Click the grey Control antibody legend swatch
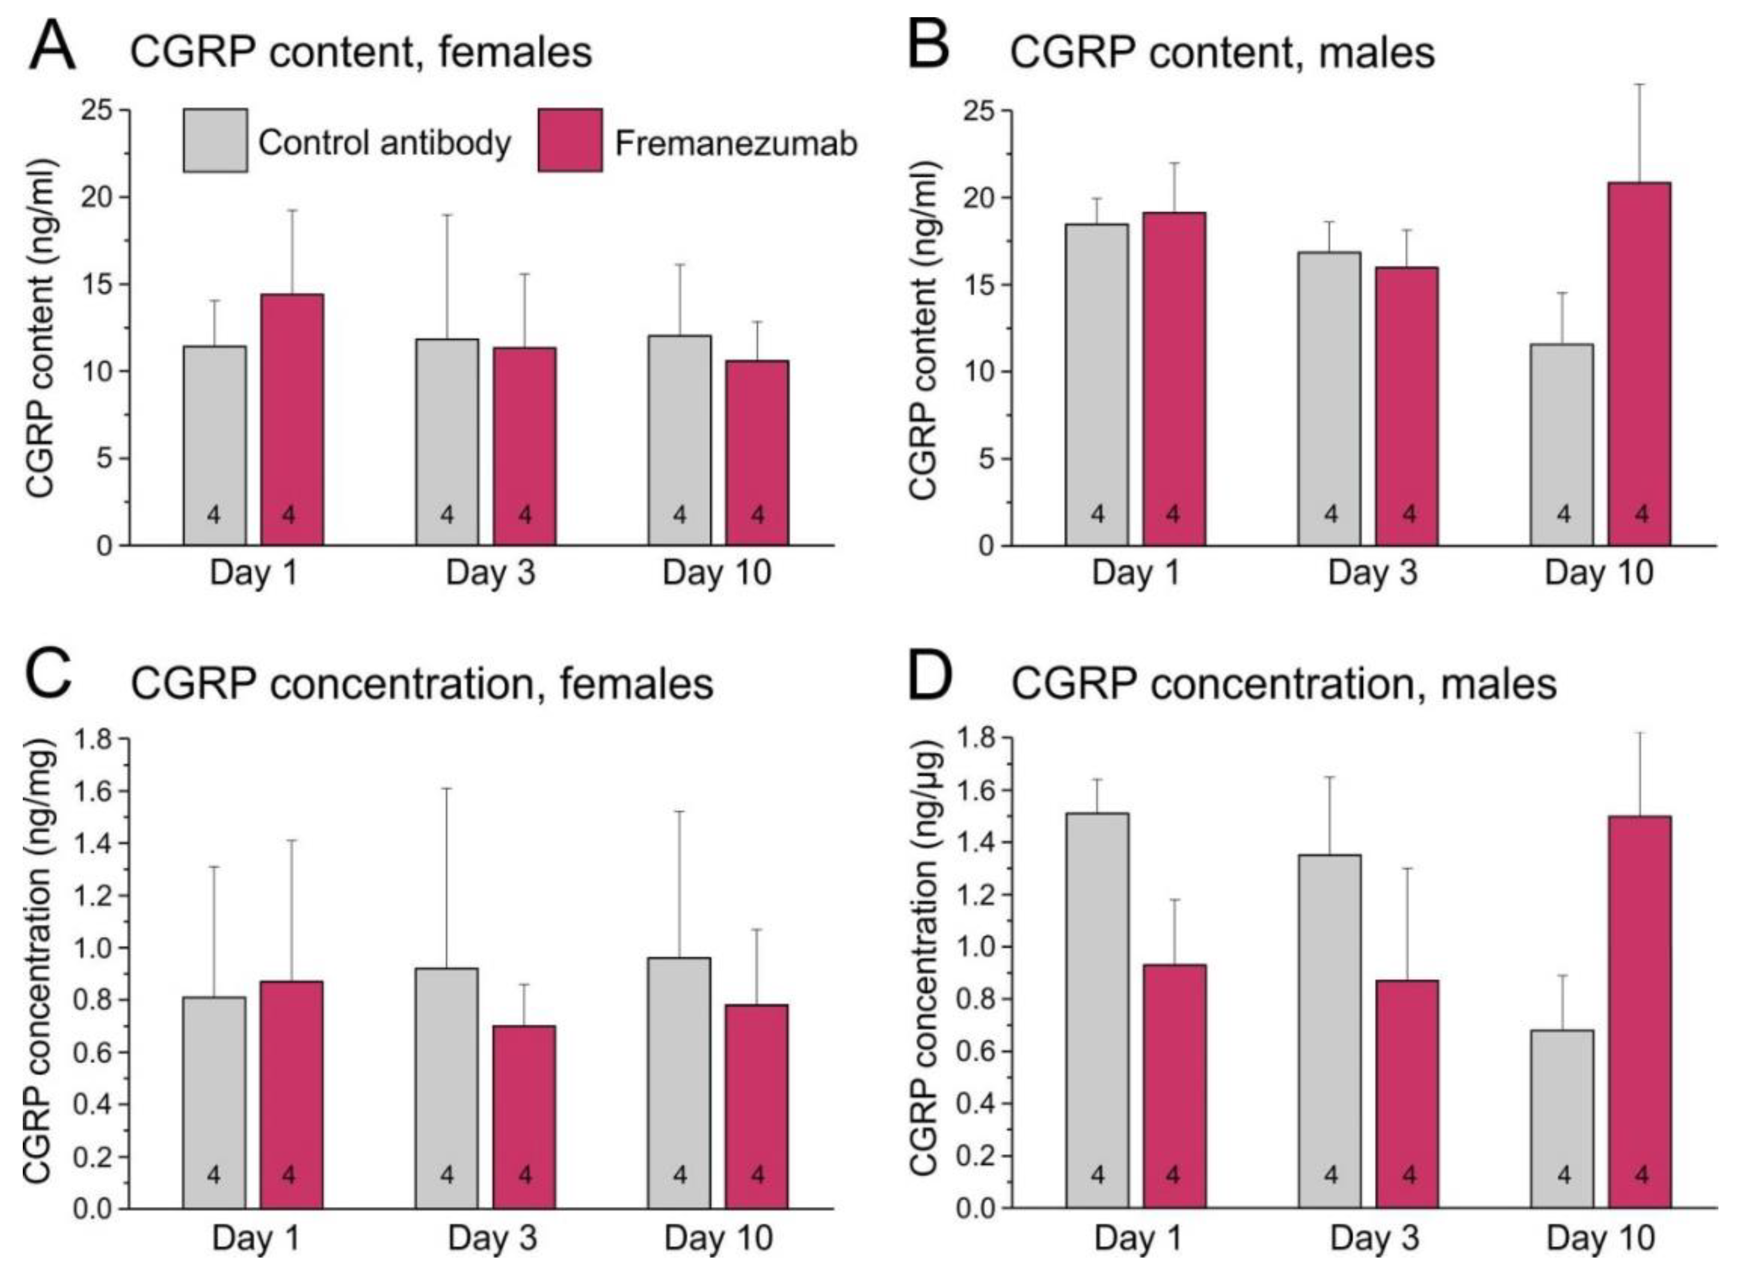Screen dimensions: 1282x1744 pos(215,141)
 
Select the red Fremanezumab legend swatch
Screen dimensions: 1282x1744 pos(569,141)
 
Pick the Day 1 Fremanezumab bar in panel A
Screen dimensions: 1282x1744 pos(292,419)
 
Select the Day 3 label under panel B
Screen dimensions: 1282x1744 pos(1372,573)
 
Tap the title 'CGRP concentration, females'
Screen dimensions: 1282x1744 pos(422,685)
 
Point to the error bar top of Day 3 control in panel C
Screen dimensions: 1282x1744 pos(447,789)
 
